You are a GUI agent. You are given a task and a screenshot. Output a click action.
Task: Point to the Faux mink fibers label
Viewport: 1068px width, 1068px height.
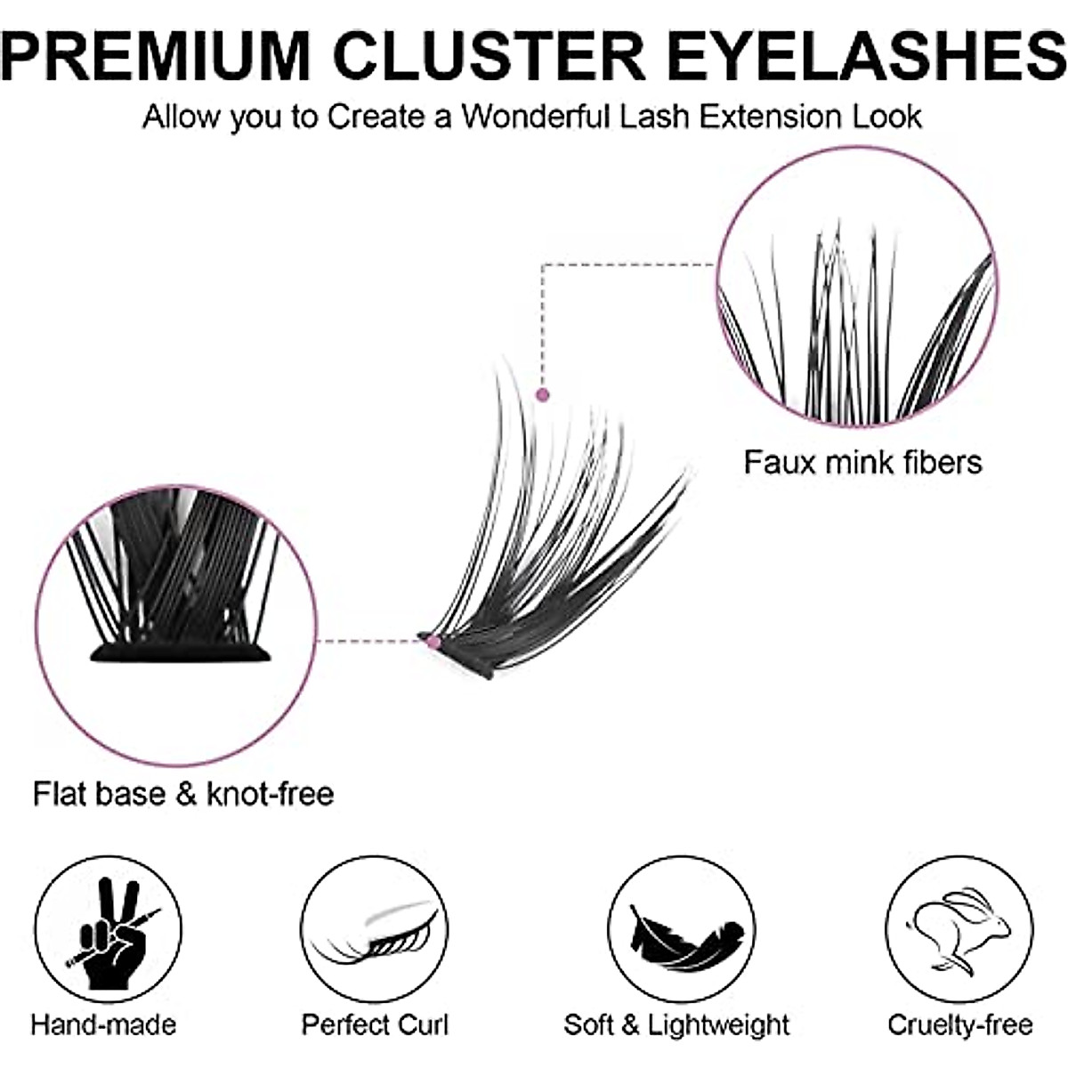[x=862, y=462]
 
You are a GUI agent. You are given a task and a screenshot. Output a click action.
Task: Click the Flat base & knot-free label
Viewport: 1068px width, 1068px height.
[x=183, y=793]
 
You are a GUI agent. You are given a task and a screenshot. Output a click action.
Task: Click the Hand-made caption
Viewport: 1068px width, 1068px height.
[x=103, y=1024]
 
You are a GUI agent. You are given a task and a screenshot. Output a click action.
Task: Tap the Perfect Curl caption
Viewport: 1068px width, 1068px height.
[x=375, y=1024]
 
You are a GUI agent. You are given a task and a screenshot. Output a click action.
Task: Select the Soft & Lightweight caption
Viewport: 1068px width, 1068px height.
[x=676, y=1024]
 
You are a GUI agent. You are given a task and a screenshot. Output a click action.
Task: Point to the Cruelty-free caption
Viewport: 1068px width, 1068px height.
[x=960, y=1024]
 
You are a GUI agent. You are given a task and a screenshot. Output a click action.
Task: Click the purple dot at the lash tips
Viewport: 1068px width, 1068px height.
[x=543, y=394]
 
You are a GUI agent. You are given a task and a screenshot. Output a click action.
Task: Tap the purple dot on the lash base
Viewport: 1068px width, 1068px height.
[x=433, y=641]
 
